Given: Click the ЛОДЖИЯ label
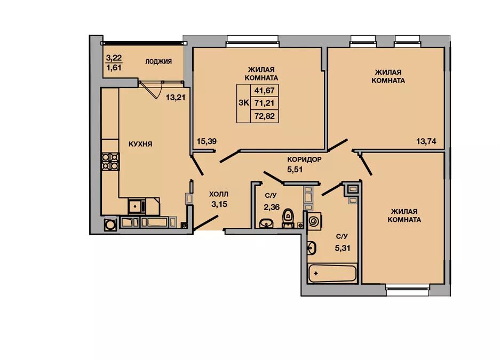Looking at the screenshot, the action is coord(158,61).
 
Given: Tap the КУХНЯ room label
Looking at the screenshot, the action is coord(140,144).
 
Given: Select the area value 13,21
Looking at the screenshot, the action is coord(176,98).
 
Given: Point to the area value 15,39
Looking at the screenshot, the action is coord(207,141).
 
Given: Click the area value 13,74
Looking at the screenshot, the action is coord(426,141).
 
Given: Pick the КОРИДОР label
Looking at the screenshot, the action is coord(304,159).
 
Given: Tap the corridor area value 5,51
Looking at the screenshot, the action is coord(295,170).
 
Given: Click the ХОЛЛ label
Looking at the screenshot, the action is coord(219,194).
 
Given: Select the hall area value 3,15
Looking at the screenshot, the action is coord(219,204).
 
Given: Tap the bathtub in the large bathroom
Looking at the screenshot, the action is coord(332,274).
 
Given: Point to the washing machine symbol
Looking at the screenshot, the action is coord(314,220).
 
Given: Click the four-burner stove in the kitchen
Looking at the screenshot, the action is coord(110,162).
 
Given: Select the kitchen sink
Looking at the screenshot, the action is coord(137,206).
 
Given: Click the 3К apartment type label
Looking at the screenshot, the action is coord(244,103).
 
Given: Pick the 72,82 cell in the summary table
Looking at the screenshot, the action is coord(265,116).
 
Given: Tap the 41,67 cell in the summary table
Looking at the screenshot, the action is coord(265,91).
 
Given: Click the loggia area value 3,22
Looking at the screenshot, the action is coord(114,58).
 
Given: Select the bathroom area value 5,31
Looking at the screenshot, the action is coord(343,248).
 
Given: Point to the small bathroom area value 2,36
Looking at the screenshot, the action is coord(272,207).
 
